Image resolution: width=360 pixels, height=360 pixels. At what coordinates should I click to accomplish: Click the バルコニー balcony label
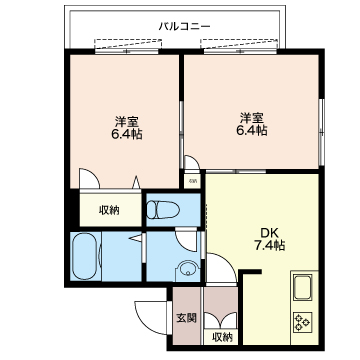point(184,26)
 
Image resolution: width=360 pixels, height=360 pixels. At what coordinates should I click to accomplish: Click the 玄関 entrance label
point(186,318)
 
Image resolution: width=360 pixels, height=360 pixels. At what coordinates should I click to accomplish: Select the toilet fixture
point(163,210)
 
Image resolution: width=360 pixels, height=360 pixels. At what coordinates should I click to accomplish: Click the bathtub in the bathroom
point(85,256)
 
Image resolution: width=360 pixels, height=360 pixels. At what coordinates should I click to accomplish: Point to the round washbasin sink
point(188,269)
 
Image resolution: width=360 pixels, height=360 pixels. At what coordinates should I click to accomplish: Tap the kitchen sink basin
point(303,287)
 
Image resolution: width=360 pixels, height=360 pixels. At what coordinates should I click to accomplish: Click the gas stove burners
point(303,322)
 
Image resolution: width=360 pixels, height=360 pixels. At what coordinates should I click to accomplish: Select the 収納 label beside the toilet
point(109,210)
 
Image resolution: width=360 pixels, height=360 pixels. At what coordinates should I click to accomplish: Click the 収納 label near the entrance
point(222,337)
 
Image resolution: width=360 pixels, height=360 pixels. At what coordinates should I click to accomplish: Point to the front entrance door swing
point(151,317)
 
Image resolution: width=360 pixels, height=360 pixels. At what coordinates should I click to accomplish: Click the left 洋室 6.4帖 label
point(127,128)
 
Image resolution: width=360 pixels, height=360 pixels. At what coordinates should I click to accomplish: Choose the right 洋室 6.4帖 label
point(252,124)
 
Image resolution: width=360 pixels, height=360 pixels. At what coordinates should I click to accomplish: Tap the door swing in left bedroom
point(90,178)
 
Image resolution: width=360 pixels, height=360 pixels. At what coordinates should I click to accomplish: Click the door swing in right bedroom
point(192,163)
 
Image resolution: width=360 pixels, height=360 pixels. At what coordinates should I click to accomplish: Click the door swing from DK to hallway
point(221,268)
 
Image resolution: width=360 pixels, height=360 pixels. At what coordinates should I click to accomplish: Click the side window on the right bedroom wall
point(321,132)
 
